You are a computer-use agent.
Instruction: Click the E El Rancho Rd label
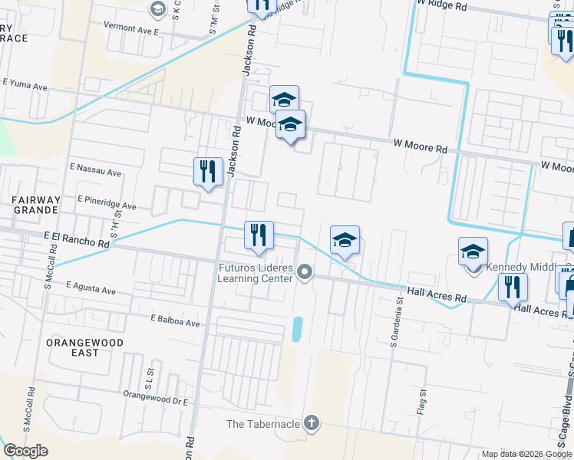click(77, 240)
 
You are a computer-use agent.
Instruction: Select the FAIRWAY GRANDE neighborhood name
click(35, 205)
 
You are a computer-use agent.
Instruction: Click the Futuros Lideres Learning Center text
click(256, 273)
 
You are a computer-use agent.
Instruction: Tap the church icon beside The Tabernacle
click(311, 422)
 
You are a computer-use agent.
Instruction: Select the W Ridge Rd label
click(440, 5)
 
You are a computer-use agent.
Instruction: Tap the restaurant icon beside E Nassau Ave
click(208, 172)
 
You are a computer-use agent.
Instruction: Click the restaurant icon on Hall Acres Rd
click(513, 287)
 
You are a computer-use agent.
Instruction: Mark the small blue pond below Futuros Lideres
click(297, 330)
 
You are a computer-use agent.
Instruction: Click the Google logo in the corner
click(25, 451)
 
